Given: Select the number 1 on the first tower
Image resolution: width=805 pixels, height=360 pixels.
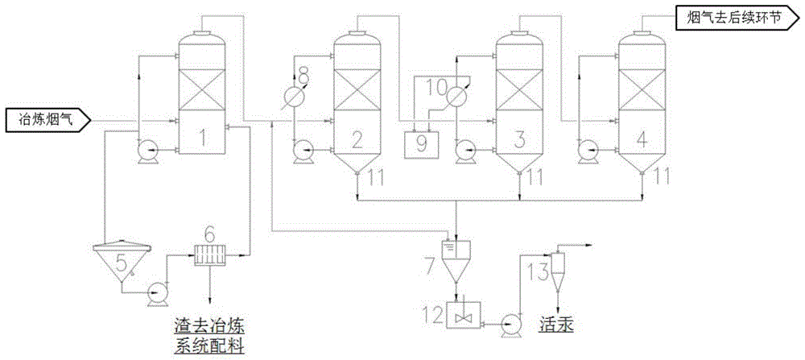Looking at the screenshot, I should pyautogui.click(x=204, y=139).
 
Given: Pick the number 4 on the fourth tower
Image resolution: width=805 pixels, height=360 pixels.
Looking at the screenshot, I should pyautogui.click(x=642, y=139).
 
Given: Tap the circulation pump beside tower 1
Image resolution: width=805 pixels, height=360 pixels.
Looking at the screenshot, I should pyautogui.click(x=147, y=150).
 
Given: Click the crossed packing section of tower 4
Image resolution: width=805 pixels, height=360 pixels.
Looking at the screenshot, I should pyautogui.click(x=641, y=88).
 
